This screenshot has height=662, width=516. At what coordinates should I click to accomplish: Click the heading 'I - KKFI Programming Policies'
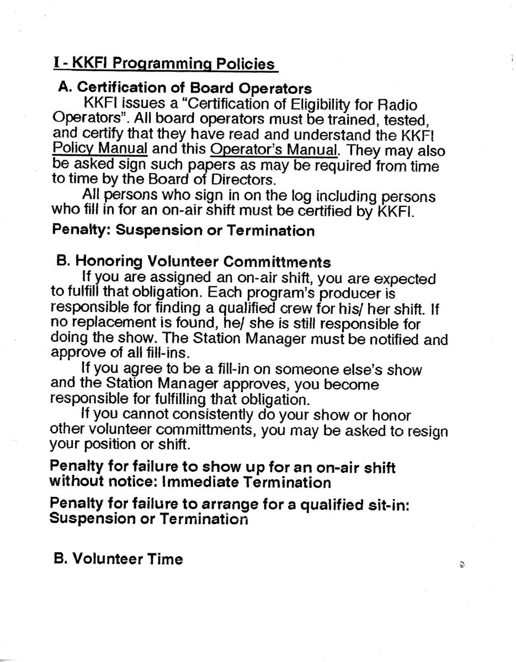pos(164,63)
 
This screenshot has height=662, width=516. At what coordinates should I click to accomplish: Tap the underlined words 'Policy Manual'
pos(100,150)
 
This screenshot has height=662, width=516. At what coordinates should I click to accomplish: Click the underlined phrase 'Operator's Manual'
pos(274,150)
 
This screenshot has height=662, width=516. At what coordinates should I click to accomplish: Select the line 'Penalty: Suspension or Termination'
pos(183,231)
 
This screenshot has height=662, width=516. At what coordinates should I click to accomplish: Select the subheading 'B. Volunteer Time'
pos(118,559)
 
